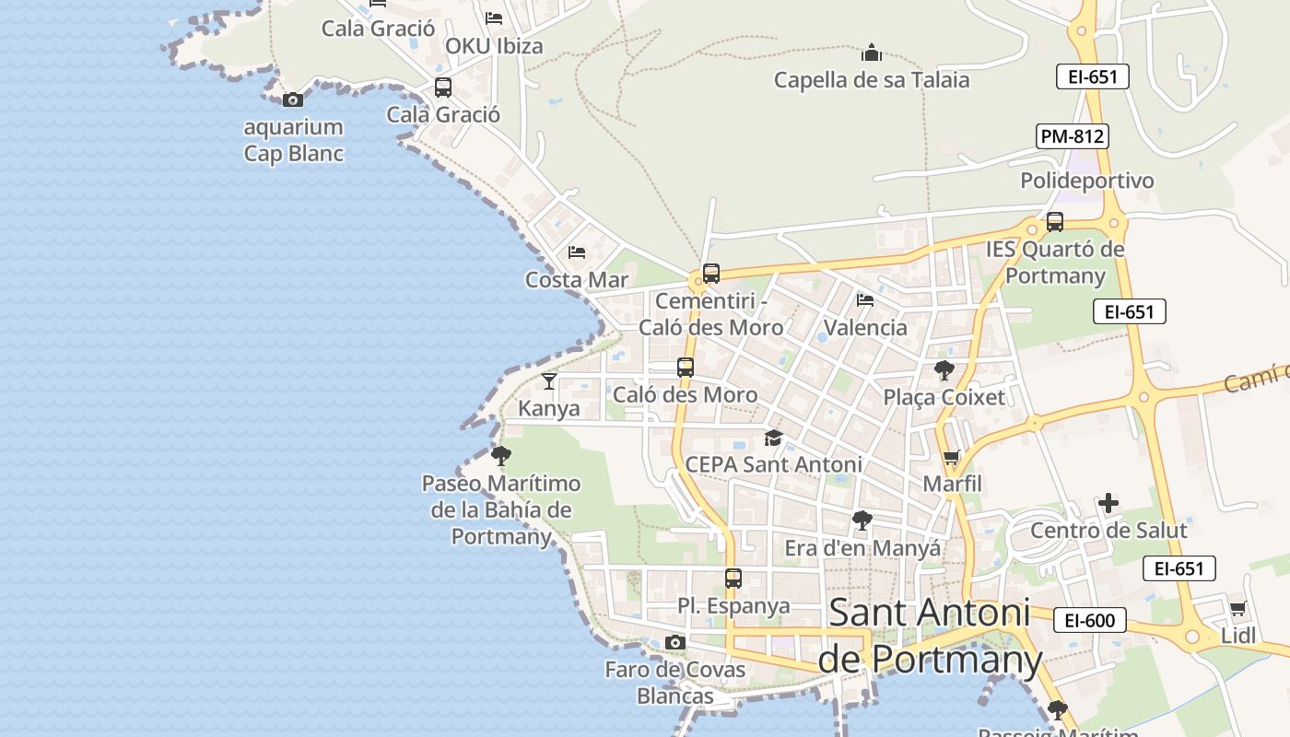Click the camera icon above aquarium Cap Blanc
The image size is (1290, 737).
click(x=293, y=99)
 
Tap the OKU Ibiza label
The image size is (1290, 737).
click(x=494, y=46)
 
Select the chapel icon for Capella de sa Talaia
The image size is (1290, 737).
click(x=872, y=53)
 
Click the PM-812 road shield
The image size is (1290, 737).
click(x=1072, y=136)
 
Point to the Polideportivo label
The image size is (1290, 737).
click(x=1086, y=181)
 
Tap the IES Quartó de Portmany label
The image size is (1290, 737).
click(x=1055, y=262)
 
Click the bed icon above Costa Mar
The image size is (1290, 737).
click(x=577, y=252)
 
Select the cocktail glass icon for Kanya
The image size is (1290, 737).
click(x=549, y=380)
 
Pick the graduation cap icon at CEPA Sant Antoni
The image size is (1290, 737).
click(x=773, y=438)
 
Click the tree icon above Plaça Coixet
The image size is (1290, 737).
click(x=944, y=370)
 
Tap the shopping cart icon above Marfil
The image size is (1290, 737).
click(x=952, y=458)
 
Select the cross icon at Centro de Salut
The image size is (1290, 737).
click(x=1108, y=503)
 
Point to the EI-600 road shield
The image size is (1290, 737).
click(x=1089, y=620)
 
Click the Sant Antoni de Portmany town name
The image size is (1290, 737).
click(x=930, y=636)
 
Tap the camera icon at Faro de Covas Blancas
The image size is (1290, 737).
click(x=675, y=642)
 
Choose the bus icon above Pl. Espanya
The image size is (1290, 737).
click(x=733, y=579)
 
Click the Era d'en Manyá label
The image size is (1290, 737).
click(x=862, y=548)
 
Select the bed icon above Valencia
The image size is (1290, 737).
click(x=864, y=299)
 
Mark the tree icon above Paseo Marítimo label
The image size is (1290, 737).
click(x=501, y=455)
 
